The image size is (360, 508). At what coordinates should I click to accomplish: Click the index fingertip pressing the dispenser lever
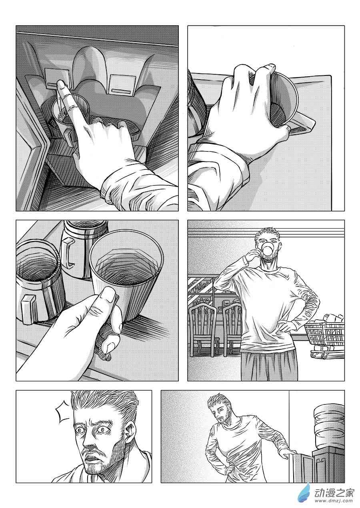tap(61, 85)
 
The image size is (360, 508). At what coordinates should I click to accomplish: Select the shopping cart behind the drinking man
tap(325, 338)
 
